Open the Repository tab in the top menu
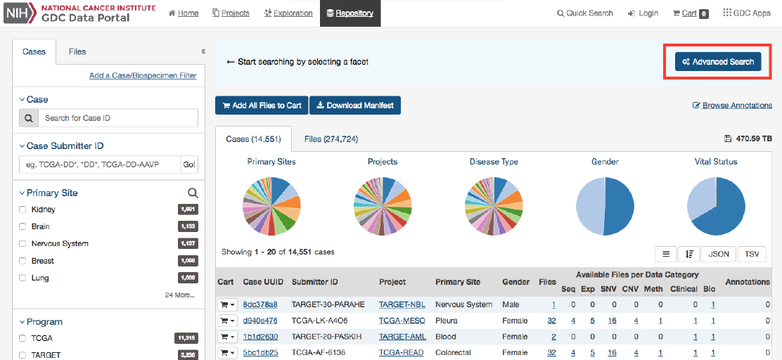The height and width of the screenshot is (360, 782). point(350,13)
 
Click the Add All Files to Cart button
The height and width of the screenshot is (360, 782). point(262,105)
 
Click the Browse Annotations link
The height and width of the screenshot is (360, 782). point(732,105)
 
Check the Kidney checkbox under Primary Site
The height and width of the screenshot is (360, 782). point(23,210)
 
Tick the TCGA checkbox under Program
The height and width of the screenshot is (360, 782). point(23,338)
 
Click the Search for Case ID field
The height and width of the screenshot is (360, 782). point(117,118)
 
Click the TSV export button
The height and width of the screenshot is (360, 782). point(751,254)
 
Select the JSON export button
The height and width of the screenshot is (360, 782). point(718,254)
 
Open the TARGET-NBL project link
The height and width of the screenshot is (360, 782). point(402,304)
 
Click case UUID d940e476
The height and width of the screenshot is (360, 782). point(260,320)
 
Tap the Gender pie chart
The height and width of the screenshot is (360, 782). point(605,206)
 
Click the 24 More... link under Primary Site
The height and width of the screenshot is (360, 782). point(180,295)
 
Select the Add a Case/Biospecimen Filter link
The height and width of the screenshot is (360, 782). point(143,76)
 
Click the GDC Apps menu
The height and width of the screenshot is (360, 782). point(746,13)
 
